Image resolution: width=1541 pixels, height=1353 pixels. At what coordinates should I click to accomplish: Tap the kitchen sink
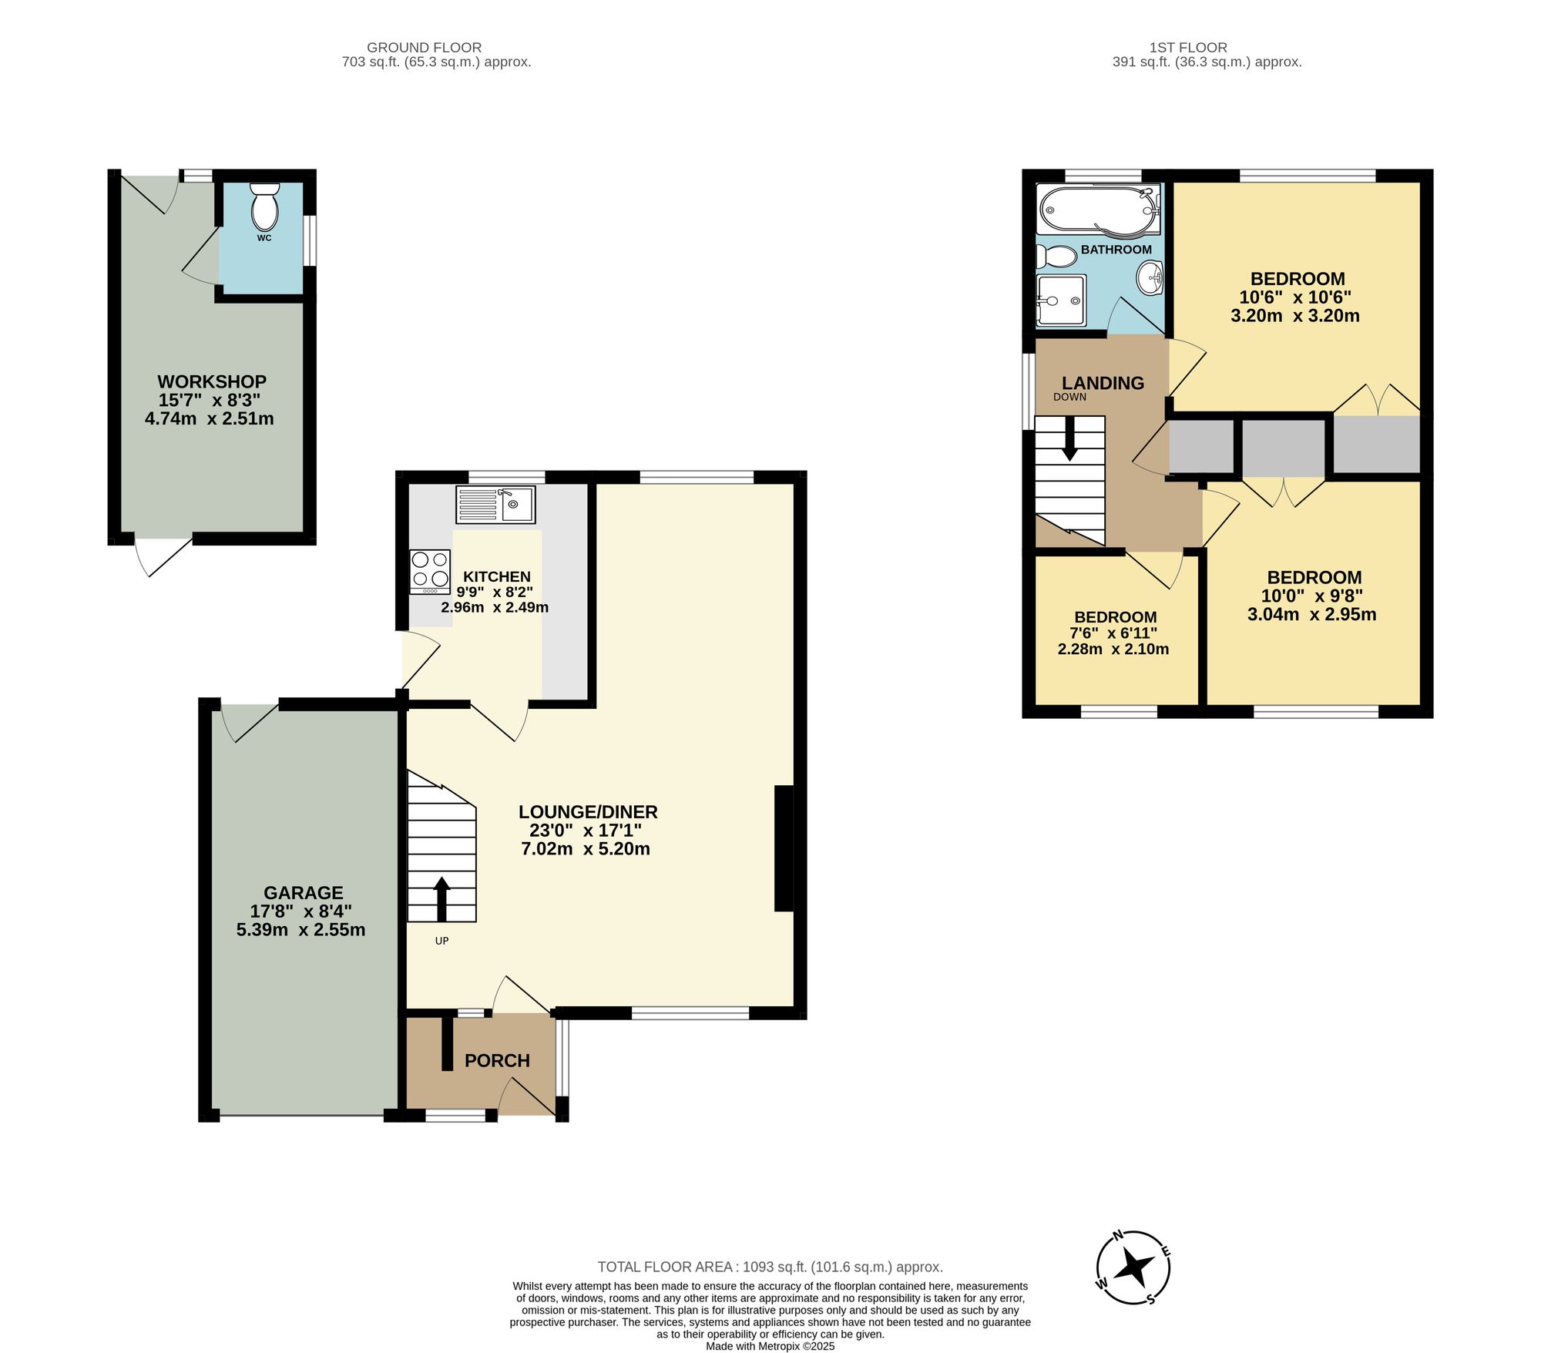click(x=495, y=505)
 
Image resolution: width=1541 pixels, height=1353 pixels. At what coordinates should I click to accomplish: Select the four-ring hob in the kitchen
click(x=430, y=571)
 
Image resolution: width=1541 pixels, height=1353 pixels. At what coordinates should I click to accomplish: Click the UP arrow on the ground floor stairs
click(x=441, y=898)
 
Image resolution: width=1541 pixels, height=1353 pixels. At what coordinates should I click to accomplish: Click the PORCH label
click(x=497, y=1061)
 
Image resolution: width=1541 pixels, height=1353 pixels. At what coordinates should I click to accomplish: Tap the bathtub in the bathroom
click(x=1098, y=209)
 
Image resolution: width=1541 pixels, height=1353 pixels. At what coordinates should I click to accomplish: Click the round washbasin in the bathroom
click(x=1151, y=277)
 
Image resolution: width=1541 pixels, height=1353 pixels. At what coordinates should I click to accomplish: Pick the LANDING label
click(x=1103, y=383)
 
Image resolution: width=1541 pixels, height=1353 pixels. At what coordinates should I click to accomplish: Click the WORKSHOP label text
click(x=212, y=381)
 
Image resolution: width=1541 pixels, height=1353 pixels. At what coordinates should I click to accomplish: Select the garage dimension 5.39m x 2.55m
click(x=300, y=930)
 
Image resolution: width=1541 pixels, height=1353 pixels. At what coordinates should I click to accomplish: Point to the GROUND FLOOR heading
click(x=424, y=48)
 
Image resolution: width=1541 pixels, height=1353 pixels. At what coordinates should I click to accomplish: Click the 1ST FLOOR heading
click(x=1188, y=48)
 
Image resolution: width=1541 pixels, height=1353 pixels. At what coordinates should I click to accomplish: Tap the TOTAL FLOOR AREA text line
click(x=770, y=1267)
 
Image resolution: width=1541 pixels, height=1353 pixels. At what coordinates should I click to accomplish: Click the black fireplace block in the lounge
click(x=784, y=848)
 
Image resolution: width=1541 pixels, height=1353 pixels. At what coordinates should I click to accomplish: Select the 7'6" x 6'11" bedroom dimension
click(x=1113, y=633)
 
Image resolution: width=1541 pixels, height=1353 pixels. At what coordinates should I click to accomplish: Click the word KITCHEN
click(x=497, y=576)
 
